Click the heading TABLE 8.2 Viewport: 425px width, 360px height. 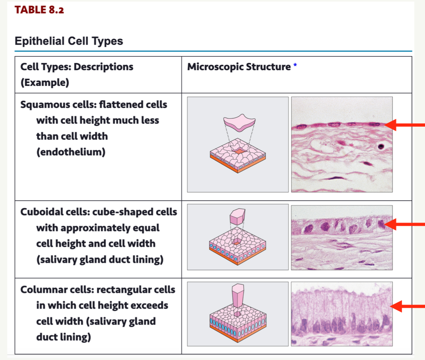point(39,10)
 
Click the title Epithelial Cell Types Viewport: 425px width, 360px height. point(69,41)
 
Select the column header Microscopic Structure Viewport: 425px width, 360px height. point(239,67)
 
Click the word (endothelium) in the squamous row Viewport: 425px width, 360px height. point(71,152)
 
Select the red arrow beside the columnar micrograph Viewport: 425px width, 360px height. point(407,306)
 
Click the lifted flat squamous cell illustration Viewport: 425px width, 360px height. point(238,123)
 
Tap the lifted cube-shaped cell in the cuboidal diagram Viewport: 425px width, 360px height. point(238,217)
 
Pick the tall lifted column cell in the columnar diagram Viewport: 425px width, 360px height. point(238,295)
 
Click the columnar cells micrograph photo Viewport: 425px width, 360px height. point(342,314)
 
